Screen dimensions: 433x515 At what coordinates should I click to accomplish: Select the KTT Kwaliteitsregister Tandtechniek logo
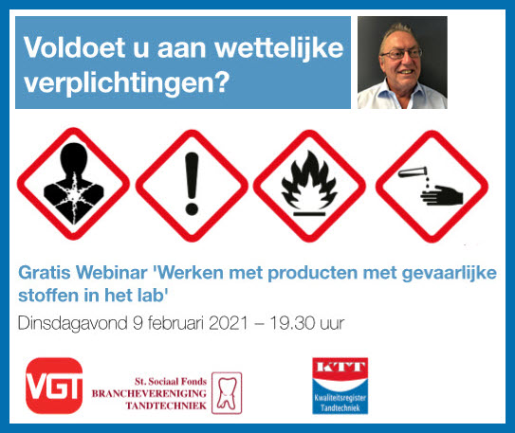click(340, 385)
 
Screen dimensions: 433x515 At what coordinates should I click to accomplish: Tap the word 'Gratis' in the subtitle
click(43, 273)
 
